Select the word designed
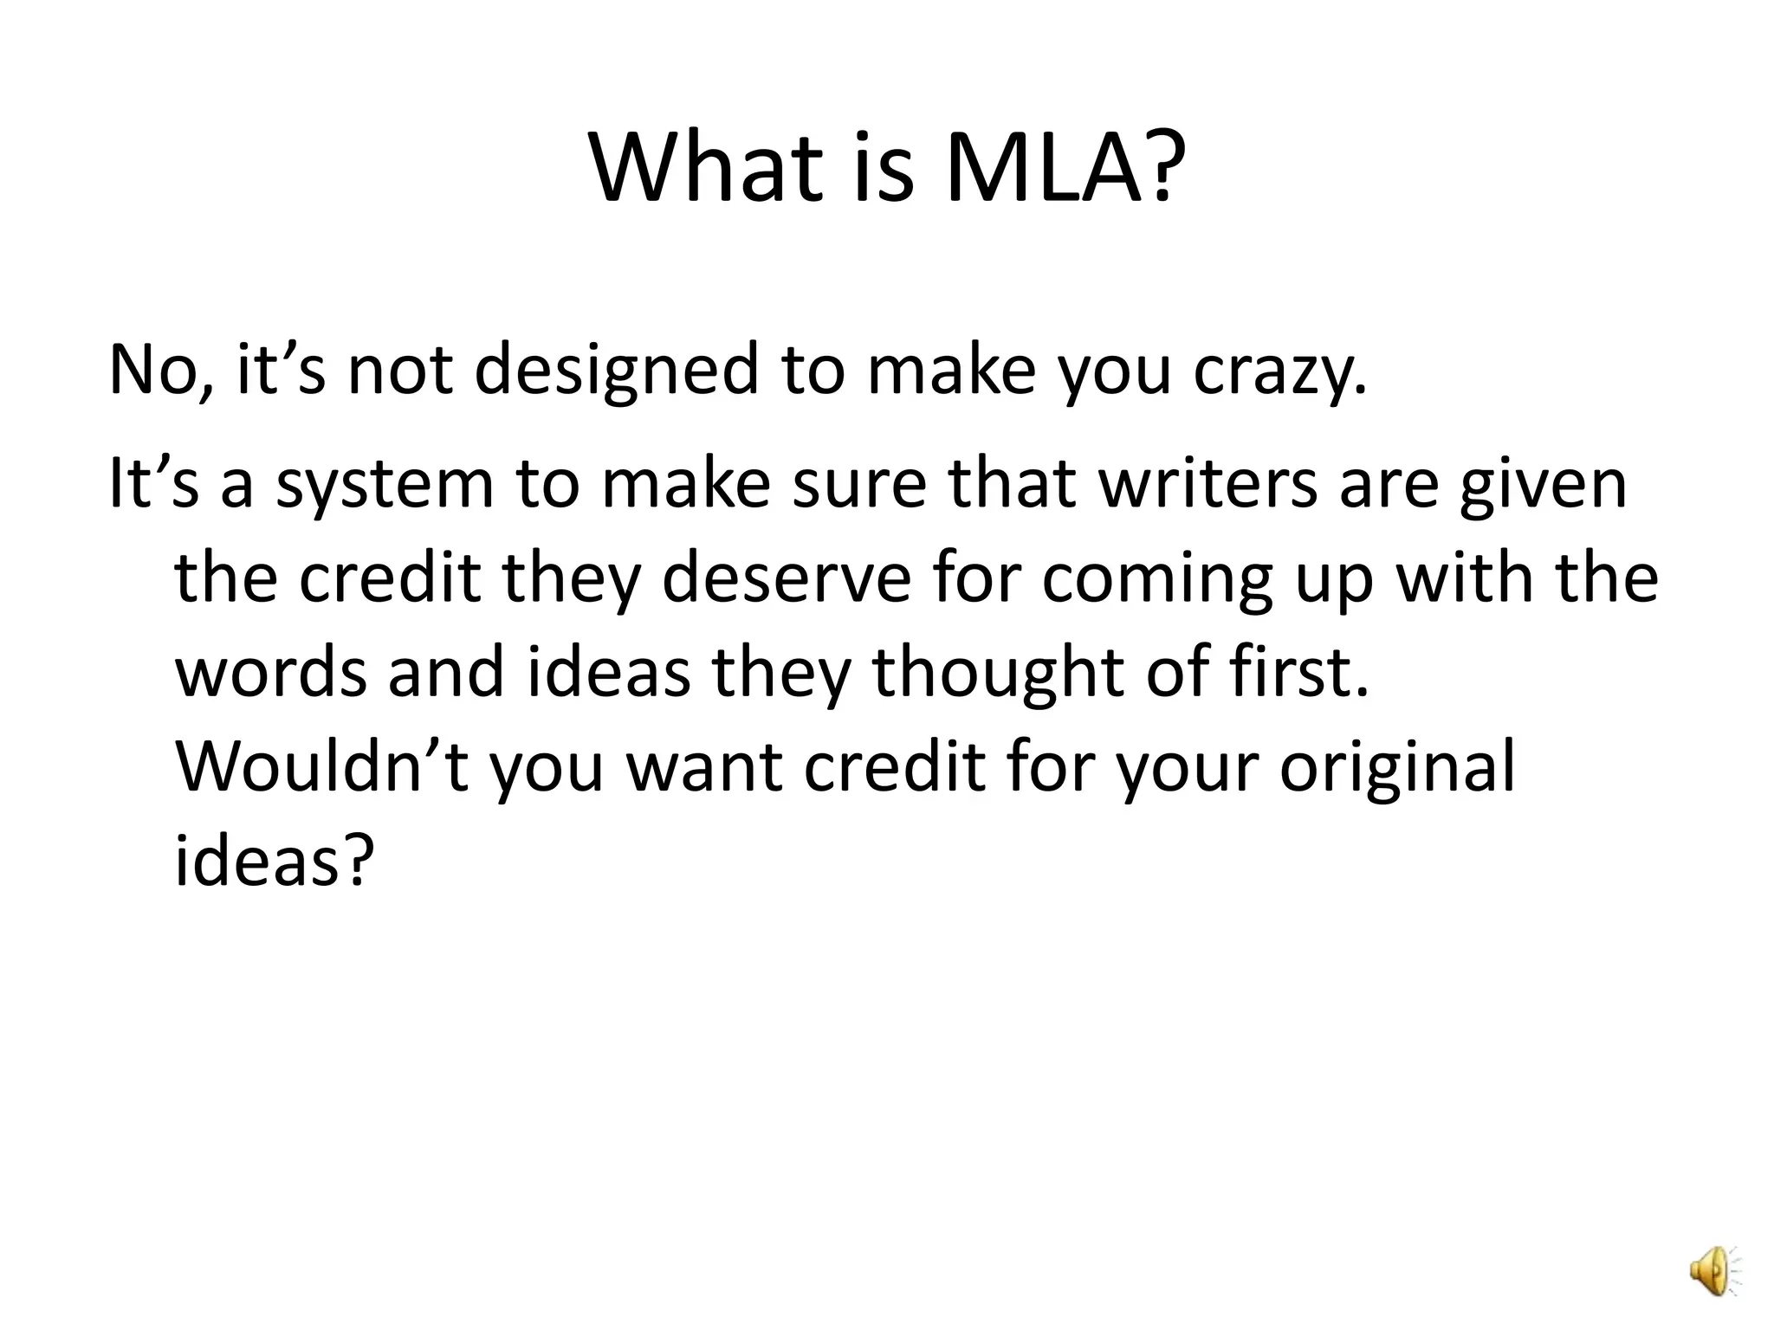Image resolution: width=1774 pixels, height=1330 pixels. (617, 371)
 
